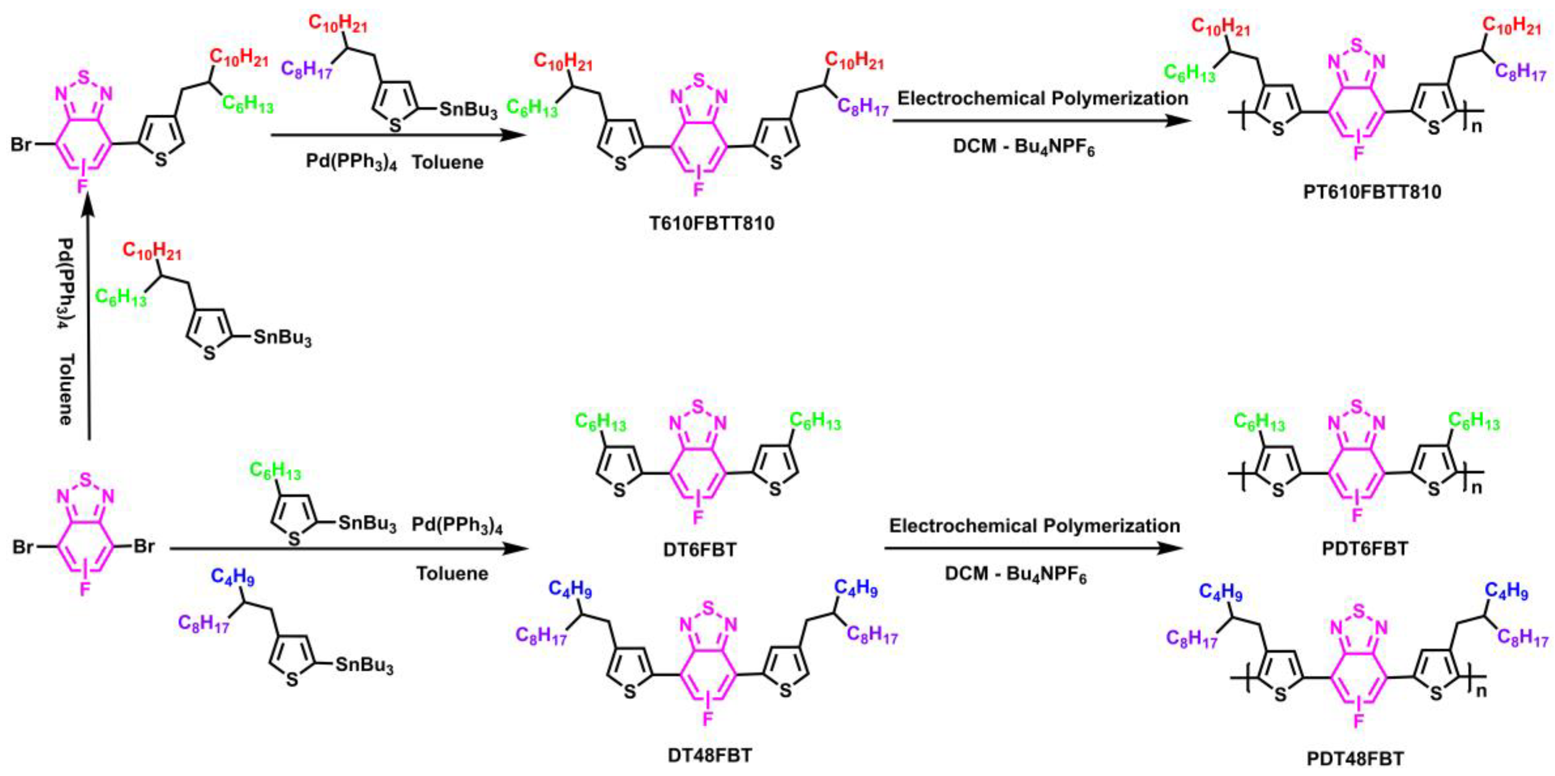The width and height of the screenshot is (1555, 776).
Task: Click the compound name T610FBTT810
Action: [712, 224]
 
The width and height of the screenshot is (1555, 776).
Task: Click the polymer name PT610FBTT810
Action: [1372, 192]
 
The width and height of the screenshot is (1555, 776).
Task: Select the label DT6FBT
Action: [700, 550]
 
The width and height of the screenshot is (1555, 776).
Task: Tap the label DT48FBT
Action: [710, 755]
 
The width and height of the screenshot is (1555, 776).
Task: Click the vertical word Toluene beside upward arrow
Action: [66, 389]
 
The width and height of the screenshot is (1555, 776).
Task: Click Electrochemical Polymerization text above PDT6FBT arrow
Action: [1034, 526]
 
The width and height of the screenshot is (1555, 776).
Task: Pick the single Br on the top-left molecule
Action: [21, 145]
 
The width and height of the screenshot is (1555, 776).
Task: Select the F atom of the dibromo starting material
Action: [85, 589]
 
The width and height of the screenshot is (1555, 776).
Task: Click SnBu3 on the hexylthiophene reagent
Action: [367, 523]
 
